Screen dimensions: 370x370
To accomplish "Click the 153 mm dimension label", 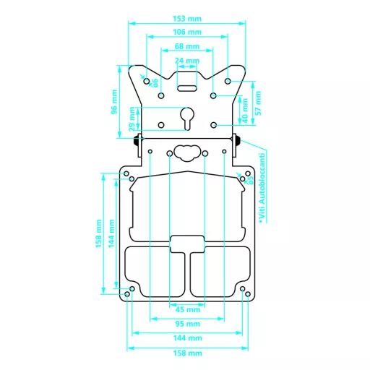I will pos(187,17).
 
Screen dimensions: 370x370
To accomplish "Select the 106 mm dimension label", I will pos(187,32).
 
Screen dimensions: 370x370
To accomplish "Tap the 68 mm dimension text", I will pos(187,47).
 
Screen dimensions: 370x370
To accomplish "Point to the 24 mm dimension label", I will pos(187,61).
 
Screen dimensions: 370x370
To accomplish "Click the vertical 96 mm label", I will pos(114,101).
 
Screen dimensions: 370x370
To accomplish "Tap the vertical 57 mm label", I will pos(258,102).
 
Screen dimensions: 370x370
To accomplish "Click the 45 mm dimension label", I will pos(187,310).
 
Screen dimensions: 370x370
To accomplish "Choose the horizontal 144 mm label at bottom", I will pos(187,337).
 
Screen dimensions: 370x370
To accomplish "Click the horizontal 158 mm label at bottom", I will pos(187,353).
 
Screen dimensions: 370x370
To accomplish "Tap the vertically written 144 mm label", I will pos(111,233).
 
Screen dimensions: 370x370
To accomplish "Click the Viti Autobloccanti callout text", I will pos(263,186).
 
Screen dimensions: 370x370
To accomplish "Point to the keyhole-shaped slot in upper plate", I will pos(187,117).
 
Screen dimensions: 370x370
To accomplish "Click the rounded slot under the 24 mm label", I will pos(187,87).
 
